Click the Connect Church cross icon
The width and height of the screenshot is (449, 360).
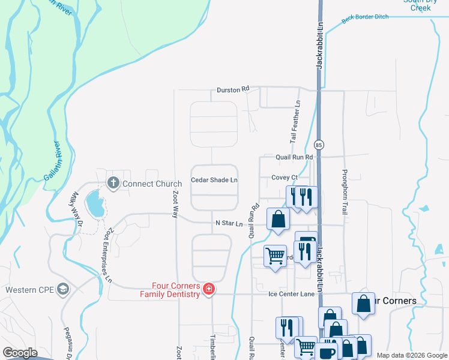coord(113,182)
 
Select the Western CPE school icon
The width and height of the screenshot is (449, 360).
coord(62,290)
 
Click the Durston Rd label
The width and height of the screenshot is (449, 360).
coord(233,89)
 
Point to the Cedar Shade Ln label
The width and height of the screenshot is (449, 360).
coord(214,179)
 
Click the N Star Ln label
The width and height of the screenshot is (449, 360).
coord(229,224)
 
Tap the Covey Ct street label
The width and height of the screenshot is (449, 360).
coord(285,178)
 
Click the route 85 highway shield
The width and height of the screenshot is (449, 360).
coord(319,145)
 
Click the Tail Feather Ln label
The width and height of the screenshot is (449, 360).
coord(295,121)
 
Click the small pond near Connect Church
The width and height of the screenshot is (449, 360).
coord(95,204)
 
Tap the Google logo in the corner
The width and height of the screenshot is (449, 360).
coord(20,352)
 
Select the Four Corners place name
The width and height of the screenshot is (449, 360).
coord(394,301)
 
